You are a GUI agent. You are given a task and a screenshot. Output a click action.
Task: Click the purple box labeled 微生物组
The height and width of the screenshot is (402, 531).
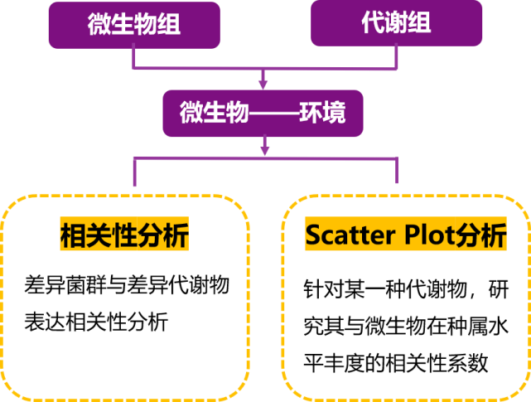click(134, 24)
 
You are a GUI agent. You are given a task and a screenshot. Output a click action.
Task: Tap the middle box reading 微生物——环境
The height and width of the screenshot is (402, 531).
click(263, 113)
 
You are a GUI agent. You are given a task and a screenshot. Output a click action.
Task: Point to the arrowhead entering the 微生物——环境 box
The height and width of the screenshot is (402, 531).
click(263, 84)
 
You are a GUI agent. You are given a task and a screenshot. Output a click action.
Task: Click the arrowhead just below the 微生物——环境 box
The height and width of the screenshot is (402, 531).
click(265, 150)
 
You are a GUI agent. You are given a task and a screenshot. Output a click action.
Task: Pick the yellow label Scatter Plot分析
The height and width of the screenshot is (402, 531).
click(405, 236)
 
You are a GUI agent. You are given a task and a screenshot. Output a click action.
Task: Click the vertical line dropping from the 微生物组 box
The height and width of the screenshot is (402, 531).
click(134, 57)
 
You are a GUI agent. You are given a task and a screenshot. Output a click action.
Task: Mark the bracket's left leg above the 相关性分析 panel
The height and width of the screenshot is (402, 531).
click(134, 172)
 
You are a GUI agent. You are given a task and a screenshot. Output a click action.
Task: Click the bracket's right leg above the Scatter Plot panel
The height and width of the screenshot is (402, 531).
click(397, 171)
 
